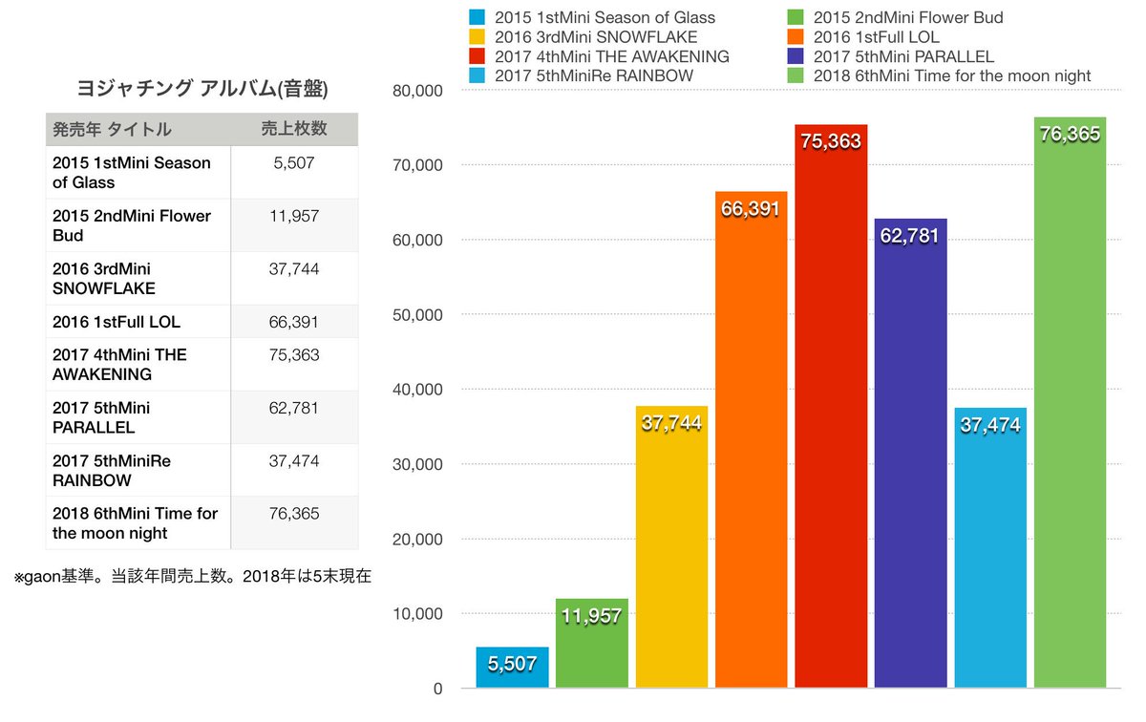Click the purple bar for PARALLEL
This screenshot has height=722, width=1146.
coord(910,458)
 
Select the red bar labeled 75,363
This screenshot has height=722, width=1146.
coord(831,411)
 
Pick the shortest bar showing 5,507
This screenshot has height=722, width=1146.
coord(512,669)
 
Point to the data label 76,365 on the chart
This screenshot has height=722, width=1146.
coord(1070,135)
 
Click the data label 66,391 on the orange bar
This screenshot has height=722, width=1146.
coord(751,209)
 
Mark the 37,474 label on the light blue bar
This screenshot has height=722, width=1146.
coord(990,425)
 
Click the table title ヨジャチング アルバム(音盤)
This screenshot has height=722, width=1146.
coord(202,90)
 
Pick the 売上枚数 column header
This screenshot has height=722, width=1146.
coord(293,129)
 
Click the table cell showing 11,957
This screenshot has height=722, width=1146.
coord(294,216)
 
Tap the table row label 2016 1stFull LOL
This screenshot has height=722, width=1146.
coord(117,322)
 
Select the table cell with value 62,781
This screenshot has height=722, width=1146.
coord(294,408)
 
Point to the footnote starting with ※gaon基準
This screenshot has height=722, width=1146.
coord(192,576)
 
